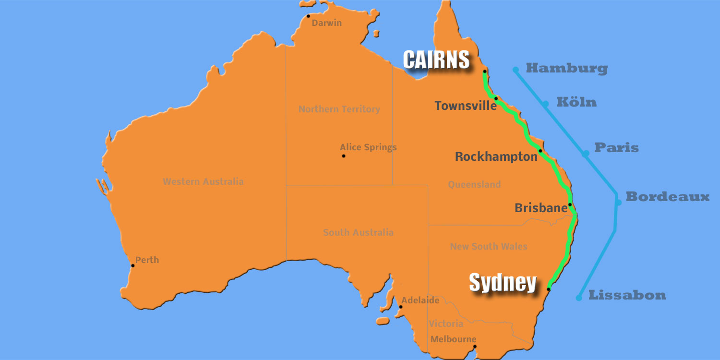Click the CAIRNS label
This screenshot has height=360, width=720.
point(436,60)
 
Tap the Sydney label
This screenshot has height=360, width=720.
point(502,282)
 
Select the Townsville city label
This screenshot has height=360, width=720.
point(465,106)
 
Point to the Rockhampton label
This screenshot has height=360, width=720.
point(496,156)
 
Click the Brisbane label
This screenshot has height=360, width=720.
point(541,208)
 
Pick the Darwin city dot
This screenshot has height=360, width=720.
point(309,16)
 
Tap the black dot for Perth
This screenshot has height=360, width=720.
point(133,265)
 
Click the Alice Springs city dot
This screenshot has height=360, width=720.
point(343,156)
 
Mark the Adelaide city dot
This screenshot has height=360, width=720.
point(400,307)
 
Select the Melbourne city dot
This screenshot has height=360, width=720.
point(474,347)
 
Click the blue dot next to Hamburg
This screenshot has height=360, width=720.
point(516,70)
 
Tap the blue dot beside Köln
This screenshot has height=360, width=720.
point(545,104)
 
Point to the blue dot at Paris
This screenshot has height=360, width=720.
point(586,154)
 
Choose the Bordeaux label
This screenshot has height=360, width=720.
point(667,197)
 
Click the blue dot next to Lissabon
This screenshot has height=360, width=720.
point(579,298)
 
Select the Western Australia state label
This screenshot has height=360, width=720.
point(203,182)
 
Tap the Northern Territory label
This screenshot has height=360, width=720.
point(339,109)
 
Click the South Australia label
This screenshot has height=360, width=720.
point(358,233)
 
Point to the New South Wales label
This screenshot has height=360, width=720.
point(488,247)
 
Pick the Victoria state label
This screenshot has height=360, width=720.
point(446,324)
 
